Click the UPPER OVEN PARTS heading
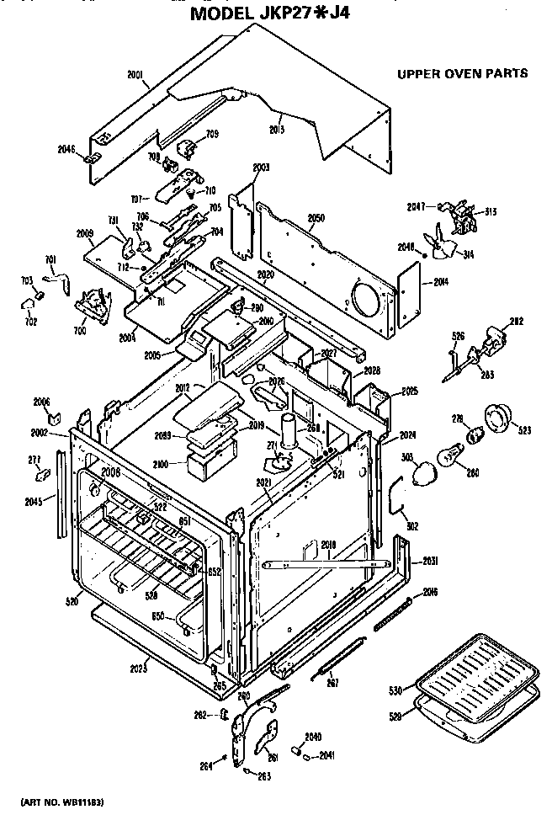[462, 73]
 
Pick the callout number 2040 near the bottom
[312, 736]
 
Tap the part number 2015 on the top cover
[276, 129]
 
